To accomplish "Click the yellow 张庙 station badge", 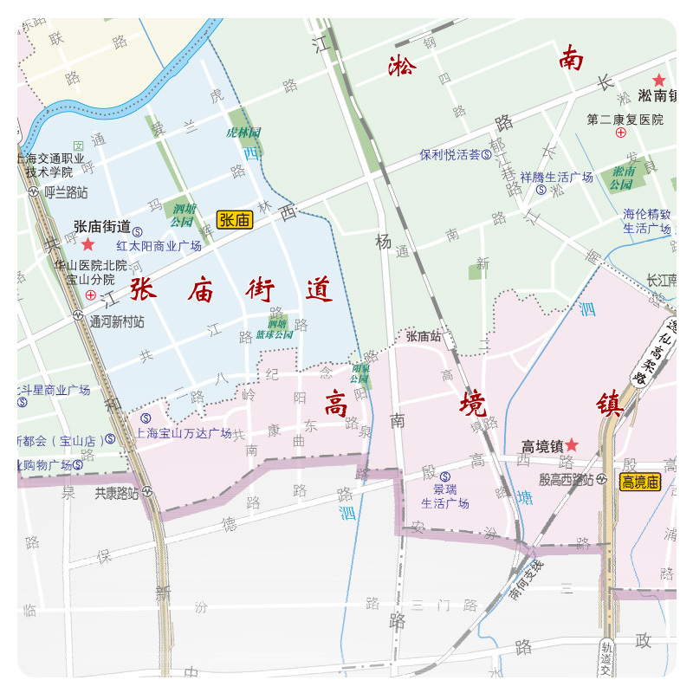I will (235, 220).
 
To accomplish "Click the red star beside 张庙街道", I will (87, 244).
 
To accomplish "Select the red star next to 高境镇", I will (572, 445).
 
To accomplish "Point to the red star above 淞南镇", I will (658, 80).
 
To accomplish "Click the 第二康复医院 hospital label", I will (625, 120).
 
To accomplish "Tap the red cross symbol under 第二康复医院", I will (620, 133).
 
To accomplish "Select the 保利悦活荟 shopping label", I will (450, 155).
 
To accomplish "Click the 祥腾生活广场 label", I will (556, 178).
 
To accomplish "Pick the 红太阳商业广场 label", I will (159, 246).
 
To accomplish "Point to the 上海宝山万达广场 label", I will (184, 433).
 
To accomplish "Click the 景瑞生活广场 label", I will (445, 496).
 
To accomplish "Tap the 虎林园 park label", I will (243, 133).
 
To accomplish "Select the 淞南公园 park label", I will (620, 178).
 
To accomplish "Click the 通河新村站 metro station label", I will (115, 321).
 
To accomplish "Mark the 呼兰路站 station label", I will (66, 191).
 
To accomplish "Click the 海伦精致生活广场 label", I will (646, 221).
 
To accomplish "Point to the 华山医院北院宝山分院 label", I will (90, 272).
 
